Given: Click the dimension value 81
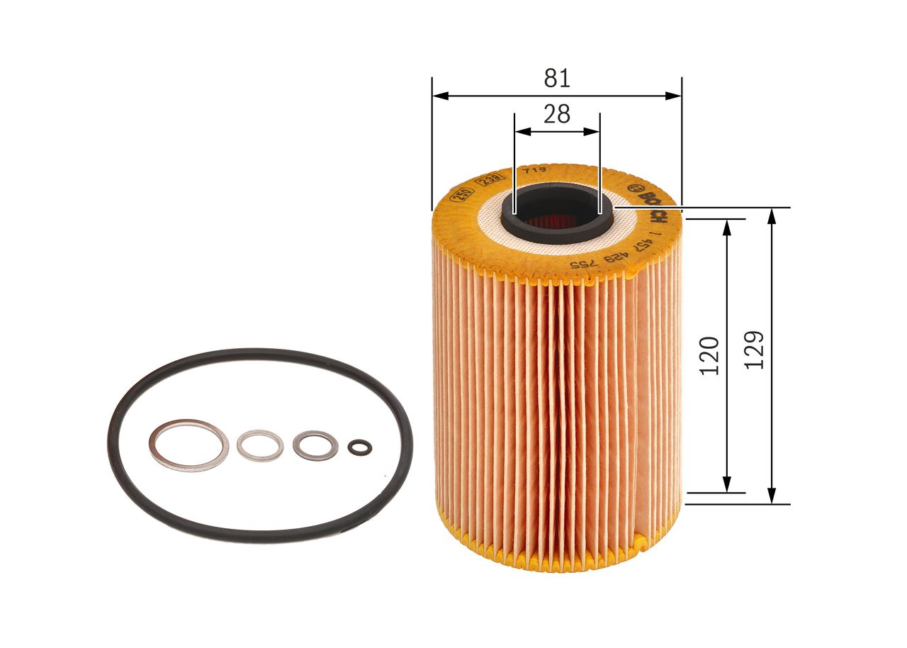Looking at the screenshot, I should (557, 78).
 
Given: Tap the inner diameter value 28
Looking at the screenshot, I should (557, 114).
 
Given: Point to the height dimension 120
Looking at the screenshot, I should (709, 355).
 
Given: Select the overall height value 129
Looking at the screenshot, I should (755, 350).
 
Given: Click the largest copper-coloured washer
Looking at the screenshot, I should (188, 445).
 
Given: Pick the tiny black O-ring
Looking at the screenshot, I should (359, 446).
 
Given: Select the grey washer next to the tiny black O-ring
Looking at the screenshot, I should (315, 445).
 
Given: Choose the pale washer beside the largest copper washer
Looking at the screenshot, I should (260, 445).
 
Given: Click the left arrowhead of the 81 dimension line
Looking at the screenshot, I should (437, 95).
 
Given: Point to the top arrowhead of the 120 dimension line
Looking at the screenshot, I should (726, 225).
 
